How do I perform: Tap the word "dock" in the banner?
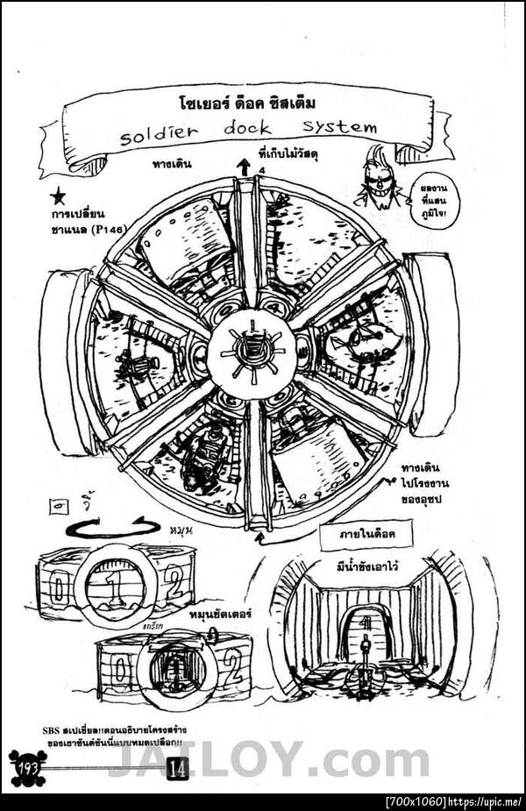pyautogui.click(x=247, y=129)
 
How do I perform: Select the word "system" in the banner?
pyautogui.click(x=334, y=126)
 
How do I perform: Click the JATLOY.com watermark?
pyautogui.click(x=281, y=759)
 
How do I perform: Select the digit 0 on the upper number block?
pyautogui.click(x=57, y=587)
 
